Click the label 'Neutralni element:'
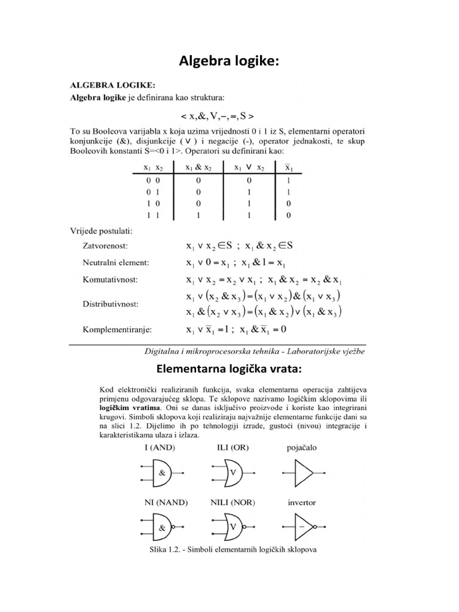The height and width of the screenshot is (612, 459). coord(115,262)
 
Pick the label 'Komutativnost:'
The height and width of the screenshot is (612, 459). coord(111,279)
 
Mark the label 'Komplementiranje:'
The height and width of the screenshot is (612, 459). coord(117,329)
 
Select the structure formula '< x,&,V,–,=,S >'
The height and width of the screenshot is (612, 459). coord(229,115)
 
